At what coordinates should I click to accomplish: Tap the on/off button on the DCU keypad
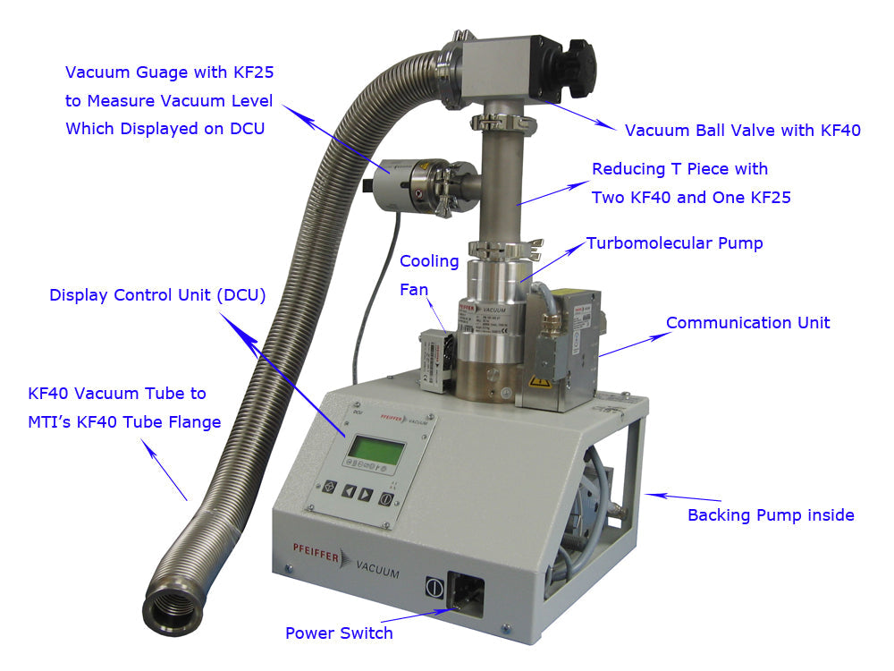(x=386, y=498)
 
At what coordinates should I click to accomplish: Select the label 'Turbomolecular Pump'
(x=674, y=243)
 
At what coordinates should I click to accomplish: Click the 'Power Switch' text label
(x=339, y=633)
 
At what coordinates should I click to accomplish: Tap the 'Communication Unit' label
(x=747, y=323)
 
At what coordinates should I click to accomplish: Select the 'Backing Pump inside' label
(x=771, y=514)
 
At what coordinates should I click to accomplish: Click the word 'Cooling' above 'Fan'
(x=429, y=261)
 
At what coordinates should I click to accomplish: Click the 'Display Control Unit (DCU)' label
(x=157, y=295)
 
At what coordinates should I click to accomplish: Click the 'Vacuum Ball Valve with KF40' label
(x=742, y=131)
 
